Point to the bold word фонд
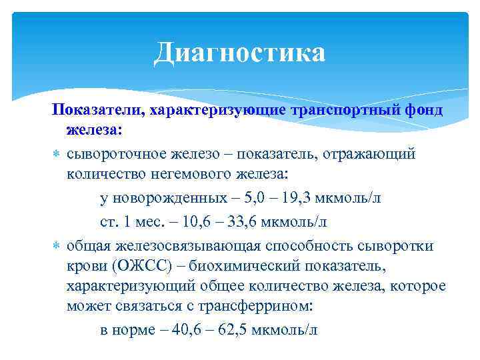click(x=422, y=109)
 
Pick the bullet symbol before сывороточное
click(x=57, y=155)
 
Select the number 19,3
click(x=295, y=199)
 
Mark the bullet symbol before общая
click(x=57, y=247)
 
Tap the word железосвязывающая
click(x=181, y=246)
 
